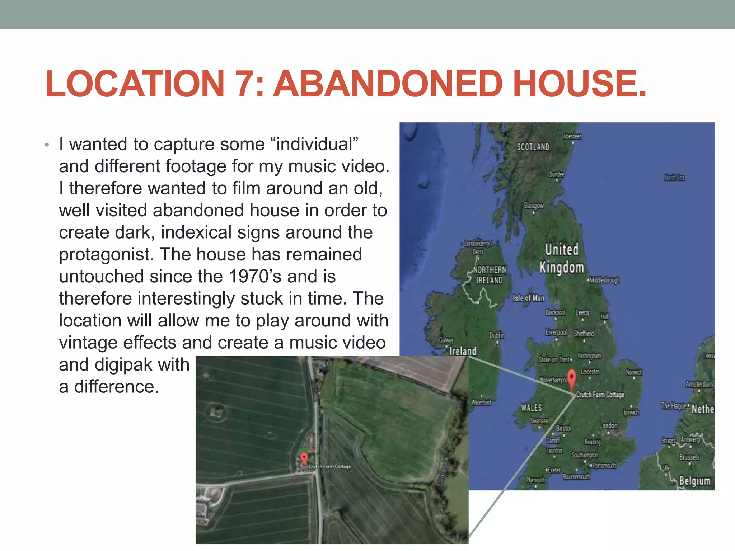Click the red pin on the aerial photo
304,459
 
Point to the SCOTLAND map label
533,147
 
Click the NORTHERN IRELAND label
490,275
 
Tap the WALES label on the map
532,408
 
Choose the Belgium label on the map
694,481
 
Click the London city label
608,425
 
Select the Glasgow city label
533,206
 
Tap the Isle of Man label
529,298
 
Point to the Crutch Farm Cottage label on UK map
600,395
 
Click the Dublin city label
497,335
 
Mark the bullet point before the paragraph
47,145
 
